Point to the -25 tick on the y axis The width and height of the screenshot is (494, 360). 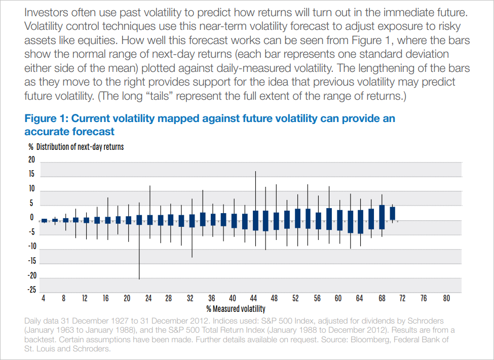(x=31, y=290)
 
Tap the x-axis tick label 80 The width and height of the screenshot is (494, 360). (x=446, y=298)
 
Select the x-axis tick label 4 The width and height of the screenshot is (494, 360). (x=43, y=298)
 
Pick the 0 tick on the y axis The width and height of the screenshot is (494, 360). (x=32, y=218)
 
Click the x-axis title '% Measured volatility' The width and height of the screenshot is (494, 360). (x=236, y=308)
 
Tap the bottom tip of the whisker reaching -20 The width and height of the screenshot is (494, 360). (x=139, y=278)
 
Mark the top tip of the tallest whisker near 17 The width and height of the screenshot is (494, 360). (x=255, y=172)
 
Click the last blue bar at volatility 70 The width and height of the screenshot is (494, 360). (x=392, y=213)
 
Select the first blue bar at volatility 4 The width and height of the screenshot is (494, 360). (x=44, y=220)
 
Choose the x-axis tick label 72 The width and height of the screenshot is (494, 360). (x=403, y=298)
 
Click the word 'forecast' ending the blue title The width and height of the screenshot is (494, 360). (x=95, y=132)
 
